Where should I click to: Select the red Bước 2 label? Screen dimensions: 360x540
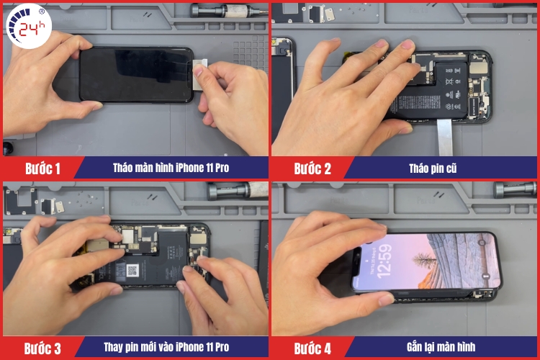pyautogui.click(x=312, y=169)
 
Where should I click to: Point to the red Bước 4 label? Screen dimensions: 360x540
pyautogui.click(x=312, y=348)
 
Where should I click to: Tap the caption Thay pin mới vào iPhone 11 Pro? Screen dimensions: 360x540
pyautogui.click(x=171, y=347)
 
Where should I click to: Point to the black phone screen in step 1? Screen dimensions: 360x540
pyautogui.click(x=133, y=76)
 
